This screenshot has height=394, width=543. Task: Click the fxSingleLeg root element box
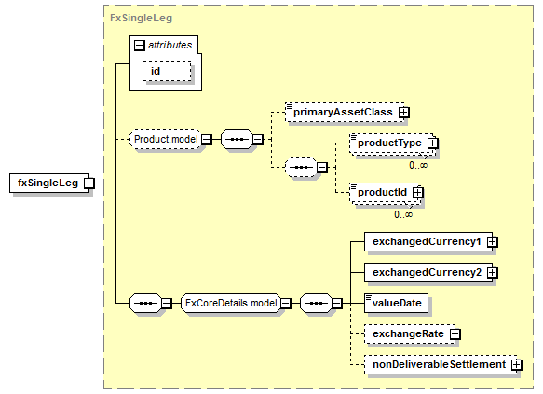(49, 183)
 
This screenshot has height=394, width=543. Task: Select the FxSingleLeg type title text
(141, 18)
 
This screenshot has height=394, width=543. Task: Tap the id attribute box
(167, 72)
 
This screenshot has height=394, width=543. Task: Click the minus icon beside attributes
(139, 45)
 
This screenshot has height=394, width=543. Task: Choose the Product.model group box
(165, 139)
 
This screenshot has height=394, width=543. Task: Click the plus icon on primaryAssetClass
(403, 112)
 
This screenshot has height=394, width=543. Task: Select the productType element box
(391, 143)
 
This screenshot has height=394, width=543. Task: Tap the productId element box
(384, 192)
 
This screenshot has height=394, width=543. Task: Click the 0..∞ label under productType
(418, 165)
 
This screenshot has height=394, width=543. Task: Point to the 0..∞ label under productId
(403, 214)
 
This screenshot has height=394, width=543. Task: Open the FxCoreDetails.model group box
(231, 304)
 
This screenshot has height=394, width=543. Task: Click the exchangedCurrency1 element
(428, 241)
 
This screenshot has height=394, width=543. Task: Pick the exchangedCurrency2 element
(428, 273)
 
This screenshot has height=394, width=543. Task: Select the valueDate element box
(396, 304)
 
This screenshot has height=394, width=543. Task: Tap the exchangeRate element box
(410, 334)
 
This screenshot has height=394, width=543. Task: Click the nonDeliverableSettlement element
(441, 364)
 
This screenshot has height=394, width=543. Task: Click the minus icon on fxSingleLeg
(89, 183)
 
